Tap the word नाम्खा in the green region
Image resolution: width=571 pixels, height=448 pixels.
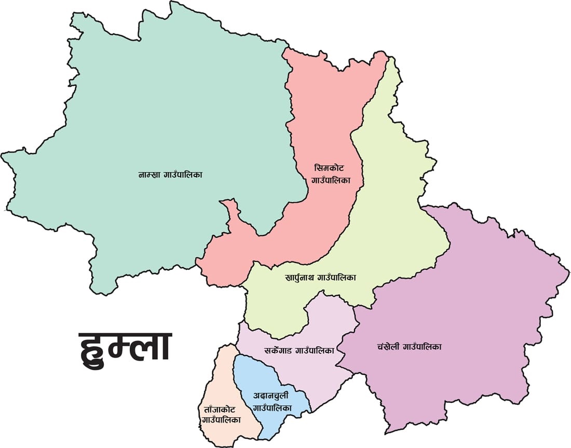click(x=149, y=175)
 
